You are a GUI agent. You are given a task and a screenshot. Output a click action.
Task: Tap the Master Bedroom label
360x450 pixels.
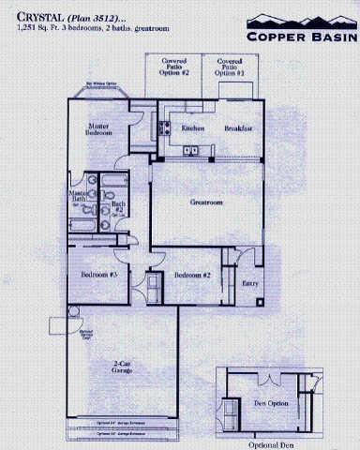(x=100, y=128)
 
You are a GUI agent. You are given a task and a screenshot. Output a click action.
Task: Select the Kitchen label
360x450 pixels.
(x=193, y=128)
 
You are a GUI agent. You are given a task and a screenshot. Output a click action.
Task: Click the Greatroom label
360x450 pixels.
(x=205, y=202)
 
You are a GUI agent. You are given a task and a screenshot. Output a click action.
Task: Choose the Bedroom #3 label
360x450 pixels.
(x=98, y=275)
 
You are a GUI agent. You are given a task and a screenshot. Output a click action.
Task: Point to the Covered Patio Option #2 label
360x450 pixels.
(x=173, y=66)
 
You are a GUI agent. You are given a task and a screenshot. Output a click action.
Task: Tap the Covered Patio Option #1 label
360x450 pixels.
(x=230, y=66)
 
